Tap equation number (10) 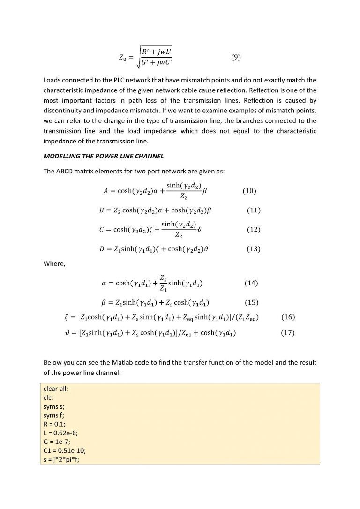click(x=249, y=191)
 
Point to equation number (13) click(x=253, y=249)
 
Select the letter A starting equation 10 click(x=105, y=191)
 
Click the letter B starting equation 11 click(x=102, y=210)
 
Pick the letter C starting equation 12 click(x=102, y=230)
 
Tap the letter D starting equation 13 click(x=102, y=249)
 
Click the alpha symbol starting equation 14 click(x=104, y=283)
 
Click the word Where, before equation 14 click(x=54, y=264)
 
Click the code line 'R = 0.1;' click(x=53, y=424)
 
